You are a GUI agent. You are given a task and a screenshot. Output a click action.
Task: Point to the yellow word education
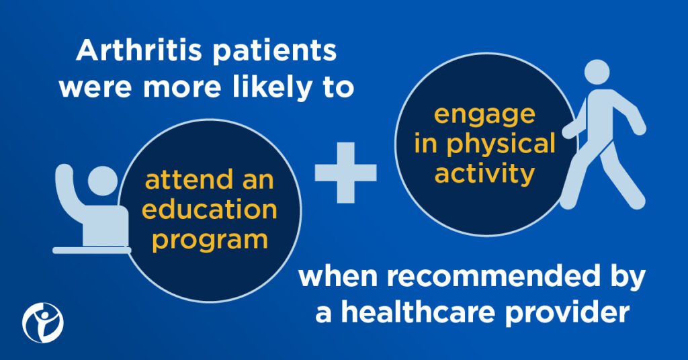pos(210,209)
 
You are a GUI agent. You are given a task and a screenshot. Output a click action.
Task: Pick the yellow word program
pos(210,240)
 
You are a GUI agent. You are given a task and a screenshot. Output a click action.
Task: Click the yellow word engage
pos(484,116)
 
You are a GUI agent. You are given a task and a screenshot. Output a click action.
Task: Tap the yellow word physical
pos(501,144)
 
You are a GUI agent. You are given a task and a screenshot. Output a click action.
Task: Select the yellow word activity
pos(484,174)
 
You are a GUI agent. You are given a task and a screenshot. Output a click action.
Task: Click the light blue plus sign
pos(346,173)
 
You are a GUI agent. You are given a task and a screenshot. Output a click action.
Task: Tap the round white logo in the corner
pos(43,323)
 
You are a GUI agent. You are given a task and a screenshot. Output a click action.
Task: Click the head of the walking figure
pos(597,71)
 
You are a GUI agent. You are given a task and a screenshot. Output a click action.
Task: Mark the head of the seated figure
pos(103,181)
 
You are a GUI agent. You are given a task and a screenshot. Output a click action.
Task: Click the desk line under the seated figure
pos(91,251)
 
